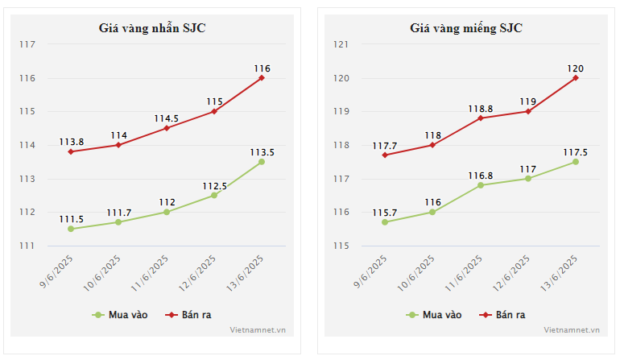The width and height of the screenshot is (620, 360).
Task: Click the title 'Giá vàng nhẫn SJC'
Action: [152, 28]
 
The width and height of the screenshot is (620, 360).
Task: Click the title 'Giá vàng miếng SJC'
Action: [466, 28]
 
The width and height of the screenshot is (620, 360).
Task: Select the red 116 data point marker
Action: [262, 78]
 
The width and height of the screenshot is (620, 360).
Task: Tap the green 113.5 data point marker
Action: [262, 162]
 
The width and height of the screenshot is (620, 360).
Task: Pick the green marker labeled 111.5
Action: [71, 229]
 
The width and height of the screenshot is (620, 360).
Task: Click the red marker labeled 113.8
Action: [71, 151]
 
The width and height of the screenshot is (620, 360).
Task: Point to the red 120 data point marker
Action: [576, 78]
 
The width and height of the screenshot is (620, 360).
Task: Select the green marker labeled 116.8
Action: [481, 185]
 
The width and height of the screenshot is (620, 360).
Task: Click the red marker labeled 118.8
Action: [481, 118]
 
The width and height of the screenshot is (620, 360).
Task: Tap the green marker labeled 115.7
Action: [385, 222]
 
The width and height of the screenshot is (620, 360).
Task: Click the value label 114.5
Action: [167, 118]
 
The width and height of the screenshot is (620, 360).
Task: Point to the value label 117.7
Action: [385, 146]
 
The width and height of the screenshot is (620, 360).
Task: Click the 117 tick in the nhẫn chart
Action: [27, 45]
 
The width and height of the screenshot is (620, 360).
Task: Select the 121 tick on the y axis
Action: [341, 45]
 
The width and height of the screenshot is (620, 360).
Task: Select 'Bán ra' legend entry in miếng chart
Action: [503, 315]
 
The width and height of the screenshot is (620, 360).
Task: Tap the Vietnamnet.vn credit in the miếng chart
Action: [572, 329]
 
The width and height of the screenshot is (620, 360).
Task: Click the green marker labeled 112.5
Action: [214, 196]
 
